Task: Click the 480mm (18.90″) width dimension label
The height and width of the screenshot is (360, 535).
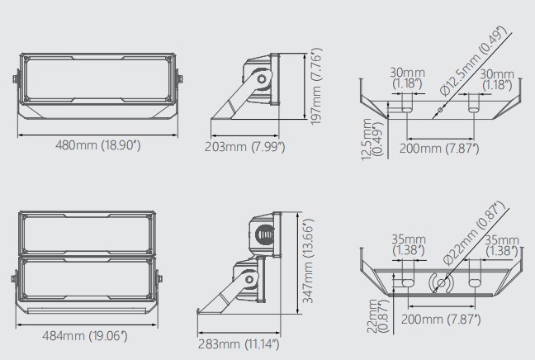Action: (98, 145)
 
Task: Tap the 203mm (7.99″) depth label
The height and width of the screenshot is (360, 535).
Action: (244, 147)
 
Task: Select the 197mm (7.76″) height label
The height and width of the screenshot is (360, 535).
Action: (316, 87)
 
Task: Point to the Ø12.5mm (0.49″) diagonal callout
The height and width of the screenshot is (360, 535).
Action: (472, 61)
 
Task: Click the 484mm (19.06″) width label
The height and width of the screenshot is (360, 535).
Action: (84, 336)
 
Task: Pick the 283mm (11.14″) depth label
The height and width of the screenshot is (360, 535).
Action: (239, 344)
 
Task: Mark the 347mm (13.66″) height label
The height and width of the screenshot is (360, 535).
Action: (308, 261)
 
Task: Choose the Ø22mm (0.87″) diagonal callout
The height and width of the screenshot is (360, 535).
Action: (474, 233)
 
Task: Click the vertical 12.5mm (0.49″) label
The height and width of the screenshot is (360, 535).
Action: (372, 140)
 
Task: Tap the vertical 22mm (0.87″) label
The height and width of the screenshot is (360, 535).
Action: (377, 315)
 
